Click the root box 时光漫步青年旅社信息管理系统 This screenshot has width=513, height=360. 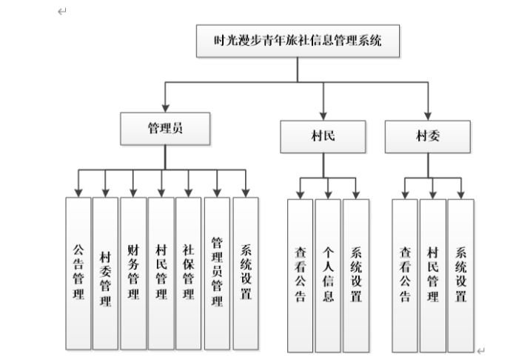tap(298, 41)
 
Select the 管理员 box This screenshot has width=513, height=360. tap(165, 128)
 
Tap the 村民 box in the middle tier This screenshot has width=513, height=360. tap(323, 136)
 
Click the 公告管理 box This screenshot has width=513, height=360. tap(78, 273)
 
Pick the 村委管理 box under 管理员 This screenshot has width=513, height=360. tap(105, 273)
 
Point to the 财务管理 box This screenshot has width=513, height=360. tap(133, 273)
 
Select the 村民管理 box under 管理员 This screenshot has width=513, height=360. tap(161, 273)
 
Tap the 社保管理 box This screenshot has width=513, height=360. tap(189, 273)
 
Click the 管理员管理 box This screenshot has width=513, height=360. tap(217, 273)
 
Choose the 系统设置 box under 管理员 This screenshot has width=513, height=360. tap(245, 273)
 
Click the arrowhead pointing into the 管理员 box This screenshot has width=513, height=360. tap(165, 108)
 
